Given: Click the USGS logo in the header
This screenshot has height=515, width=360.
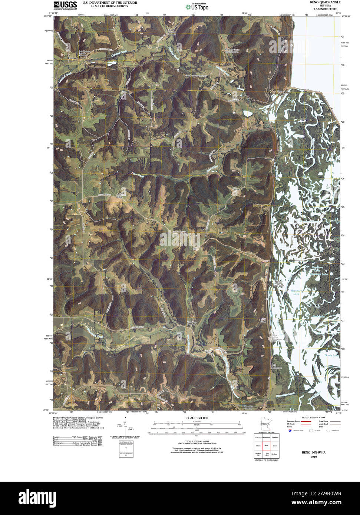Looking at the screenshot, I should coord(65,4).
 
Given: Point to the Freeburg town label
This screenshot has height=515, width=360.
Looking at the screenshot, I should coord(73,59).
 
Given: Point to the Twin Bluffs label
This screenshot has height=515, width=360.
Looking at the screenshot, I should coord(263,320).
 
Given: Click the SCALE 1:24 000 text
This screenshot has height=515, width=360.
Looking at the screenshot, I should coord(197,418).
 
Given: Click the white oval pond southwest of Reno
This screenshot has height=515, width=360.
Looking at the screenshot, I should coord(248,113).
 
